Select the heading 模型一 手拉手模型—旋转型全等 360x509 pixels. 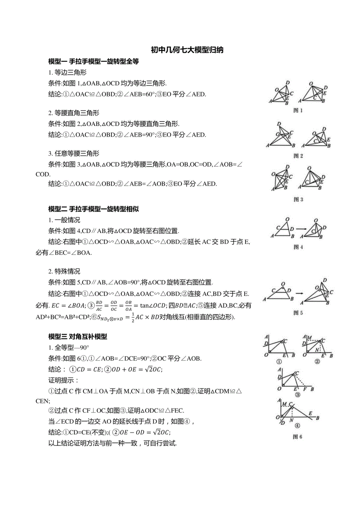point(94,61)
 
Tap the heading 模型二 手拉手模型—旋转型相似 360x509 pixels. point(94,209)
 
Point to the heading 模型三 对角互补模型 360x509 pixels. point(77,336)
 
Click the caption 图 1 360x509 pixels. point(298,111)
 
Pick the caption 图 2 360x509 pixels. point(298,156)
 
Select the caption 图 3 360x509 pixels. point(298,199)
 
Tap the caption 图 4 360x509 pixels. point(298,247)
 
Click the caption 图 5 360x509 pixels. point(298,313)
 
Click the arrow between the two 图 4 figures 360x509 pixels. point(300,229)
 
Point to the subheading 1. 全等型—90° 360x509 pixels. point(69,348)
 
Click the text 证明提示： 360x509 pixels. point(64,380)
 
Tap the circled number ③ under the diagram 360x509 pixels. point(297,394)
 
